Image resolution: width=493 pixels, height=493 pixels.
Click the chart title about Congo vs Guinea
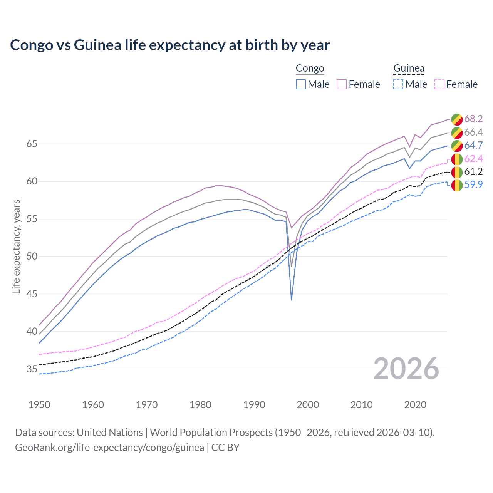pyautogui.click(x=170, y=45)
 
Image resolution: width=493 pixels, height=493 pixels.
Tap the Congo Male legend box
pyautogui.click(x=301, y=84)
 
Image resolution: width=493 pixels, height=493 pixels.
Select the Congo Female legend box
pyautogui.click(x=342, y=84)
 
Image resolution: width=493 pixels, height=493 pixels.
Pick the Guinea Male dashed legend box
pyautogui.click(x=398, y=84)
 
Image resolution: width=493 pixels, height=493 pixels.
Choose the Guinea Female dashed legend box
pyautogui.click(x=439, y=84)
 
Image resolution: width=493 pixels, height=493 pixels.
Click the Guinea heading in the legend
pyautogui.click(x=409, y=69)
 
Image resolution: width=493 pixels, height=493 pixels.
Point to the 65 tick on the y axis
pyautogui.click(x=32, y=144)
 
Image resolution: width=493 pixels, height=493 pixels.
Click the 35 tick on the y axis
pyautogui.click(x=32, y=369)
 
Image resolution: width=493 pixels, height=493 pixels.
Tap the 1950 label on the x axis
pyautogui.click(x=39, y=405)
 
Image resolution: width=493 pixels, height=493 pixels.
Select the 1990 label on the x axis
pyautogui.click(x=254, y=405)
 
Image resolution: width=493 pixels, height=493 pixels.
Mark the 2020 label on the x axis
pyautogui.click(x=415, y=405)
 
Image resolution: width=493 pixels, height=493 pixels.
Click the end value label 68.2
pyautogui.click(x=473, y=119)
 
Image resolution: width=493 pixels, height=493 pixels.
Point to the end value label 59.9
pyautogui.click(x=473, y=184)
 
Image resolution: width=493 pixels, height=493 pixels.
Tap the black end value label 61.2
pyautogui.click(x=473, y=171)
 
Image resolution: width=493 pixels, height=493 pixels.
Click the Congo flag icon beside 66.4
pyautogui.click(x=457, y=132)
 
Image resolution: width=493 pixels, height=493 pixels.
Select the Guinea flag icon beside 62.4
pyautogui.click(x=457, y=159)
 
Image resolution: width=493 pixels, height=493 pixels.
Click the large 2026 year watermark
pyautogui.click(x=406, y=369)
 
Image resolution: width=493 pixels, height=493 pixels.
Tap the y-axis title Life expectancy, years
pyautogui.click(x=16, y=246)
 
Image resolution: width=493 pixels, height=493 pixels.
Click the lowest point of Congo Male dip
pyautogui.click(x=292, y=300)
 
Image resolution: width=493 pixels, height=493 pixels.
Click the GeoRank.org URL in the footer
pyautogui.click(x=109, y=448)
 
